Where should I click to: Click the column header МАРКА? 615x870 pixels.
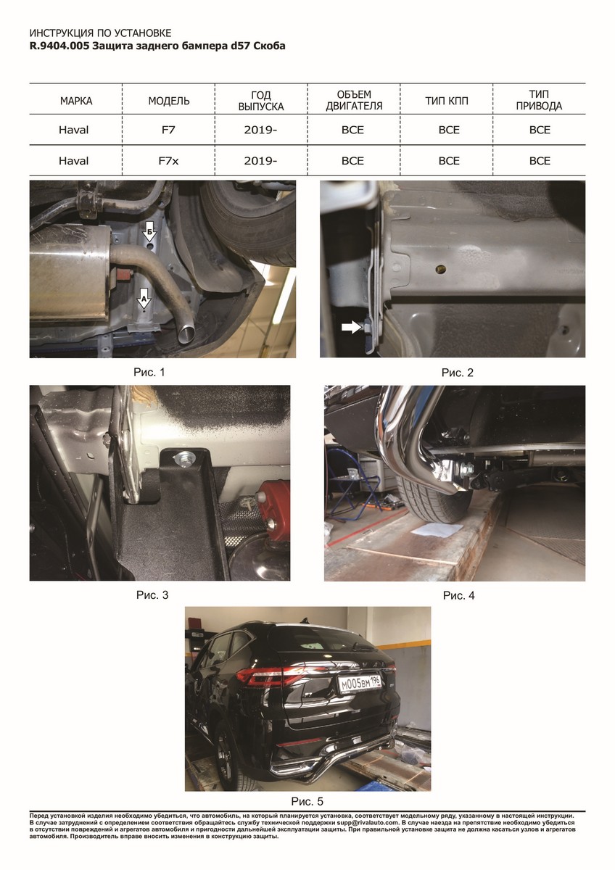point(76,101)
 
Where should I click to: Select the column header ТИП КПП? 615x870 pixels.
point(447,101)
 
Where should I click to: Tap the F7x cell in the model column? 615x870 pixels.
point(168,161)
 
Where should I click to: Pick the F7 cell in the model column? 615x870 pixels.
point(168,130)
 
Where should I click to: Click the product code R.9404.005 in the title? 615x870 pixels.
point(59,46)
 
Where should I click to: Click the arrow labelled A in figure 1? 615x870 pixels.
point(144,298)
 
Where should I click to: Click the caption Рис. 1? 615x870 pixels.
point(149,372)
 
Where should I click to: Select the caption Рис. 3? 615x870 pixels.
point(152,595)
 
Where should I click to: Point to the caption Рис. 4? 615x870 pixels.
point(458,595)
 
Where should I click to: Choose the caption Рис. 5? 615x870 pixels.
point(307,801)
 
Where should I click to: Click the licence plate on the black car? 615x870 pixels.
point(360,684)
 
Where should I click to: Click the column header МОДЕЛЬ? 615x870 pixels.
point(169,101)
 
